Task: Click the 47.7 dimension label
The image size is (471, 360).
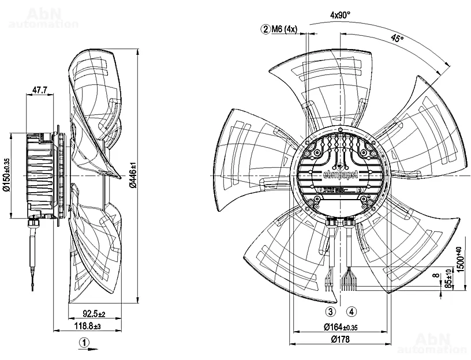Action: (x=40, y=90)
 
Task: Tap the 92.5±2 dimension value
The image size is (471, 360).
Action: (x=93, y=314)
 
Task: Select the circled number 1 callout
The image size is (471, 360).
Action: (x=85, y=343)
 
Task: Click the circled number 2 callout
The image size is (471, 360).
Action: (x=266, y=29)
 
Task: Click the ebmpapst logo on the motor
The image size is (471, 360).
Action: (x=342, y=174)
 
